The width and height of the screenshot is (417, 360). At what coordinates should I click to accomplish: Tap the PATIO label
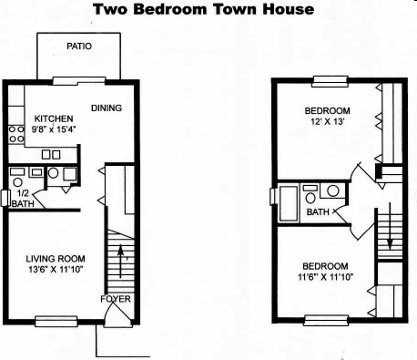(x=78, y=46)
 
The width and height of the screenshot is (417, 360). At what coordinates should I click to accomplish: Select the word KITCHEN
(x=53, y=118)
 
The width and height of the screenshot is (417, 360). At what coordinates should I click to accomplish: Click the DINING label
(x=106, y=109)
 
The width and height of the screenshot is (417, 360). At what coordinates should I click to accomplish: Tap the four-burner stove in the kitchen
(x=15, y=135)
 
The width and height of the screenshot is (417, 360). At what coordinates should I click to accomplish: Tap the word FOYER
(x=115, y=299)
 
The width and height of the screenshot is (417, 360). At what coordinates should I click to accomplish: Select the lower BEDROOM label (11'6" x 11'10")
(x=325, y=265)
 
